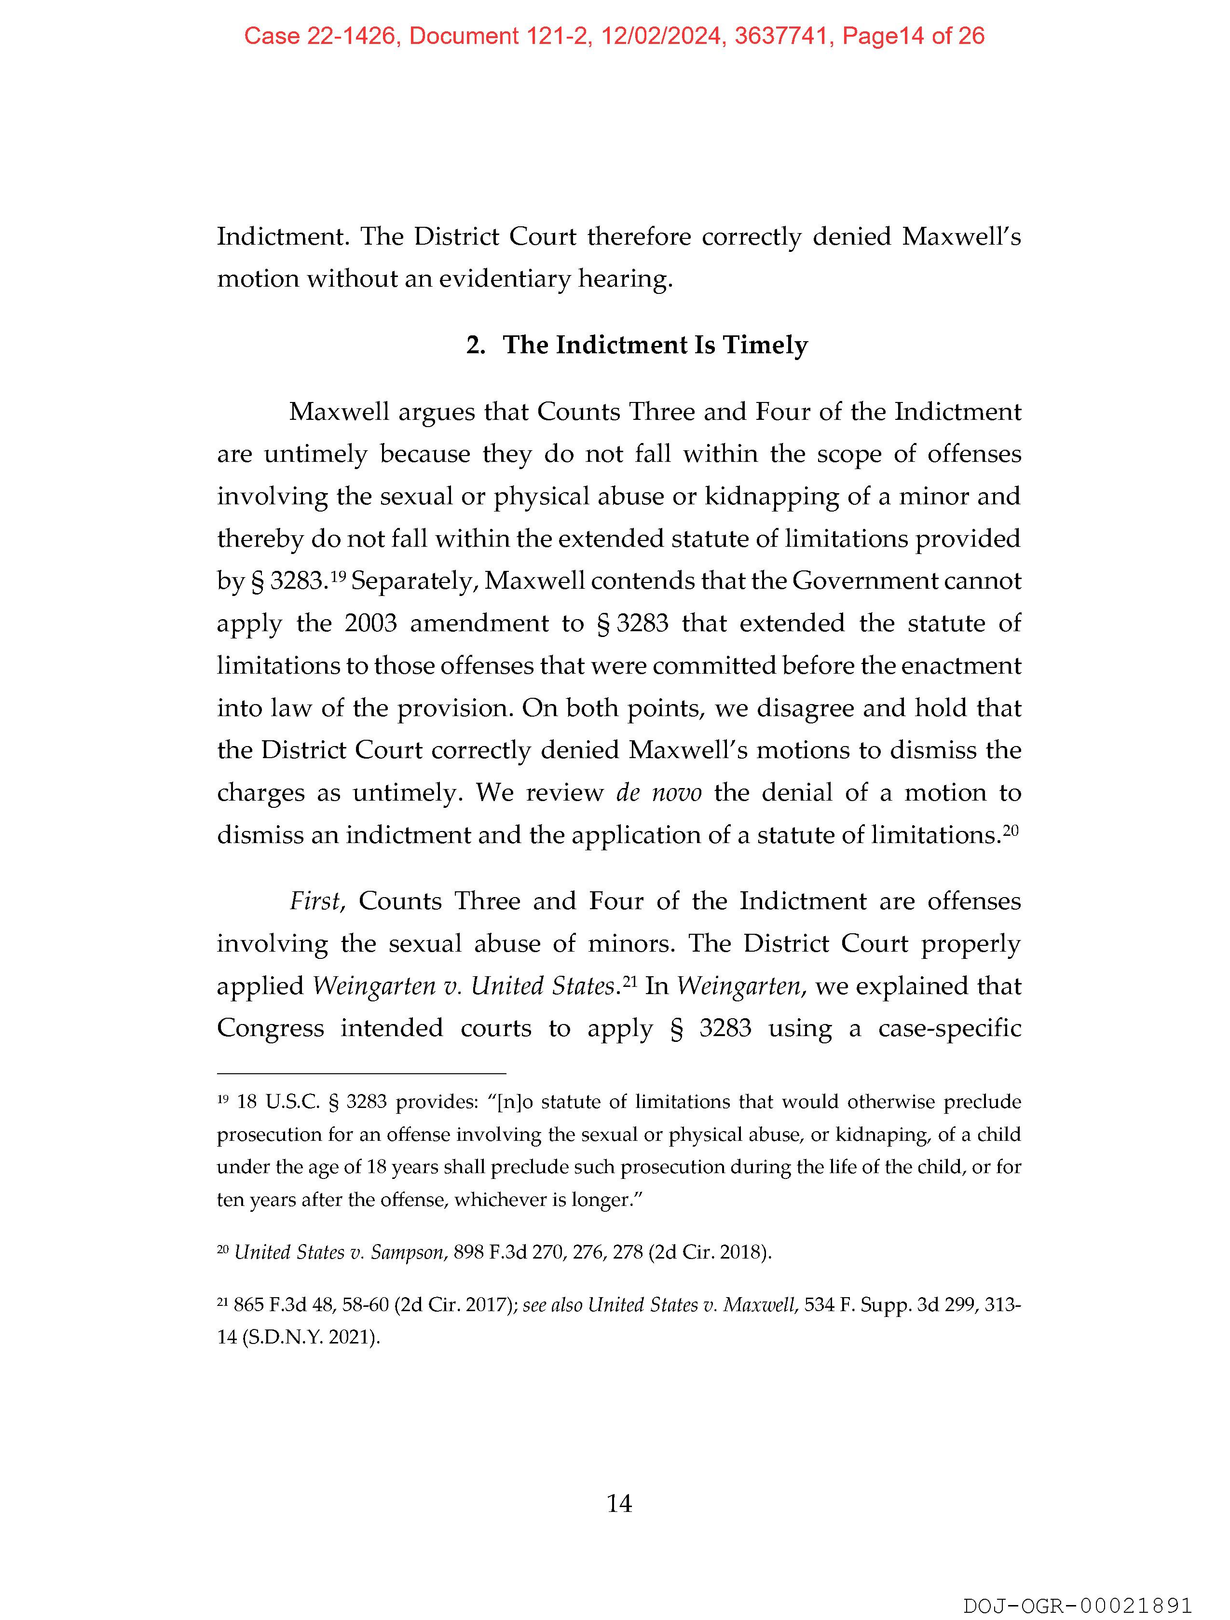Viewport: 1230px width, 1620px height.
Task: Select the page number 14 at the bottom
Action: click(x=619, y=1504)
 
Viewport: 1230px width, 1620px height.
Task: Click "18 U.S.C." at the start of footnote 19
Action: click(x=279, y=1102)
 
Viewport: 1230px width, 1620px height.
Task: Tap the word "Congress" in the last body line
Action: click(x=270, y=1028)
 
